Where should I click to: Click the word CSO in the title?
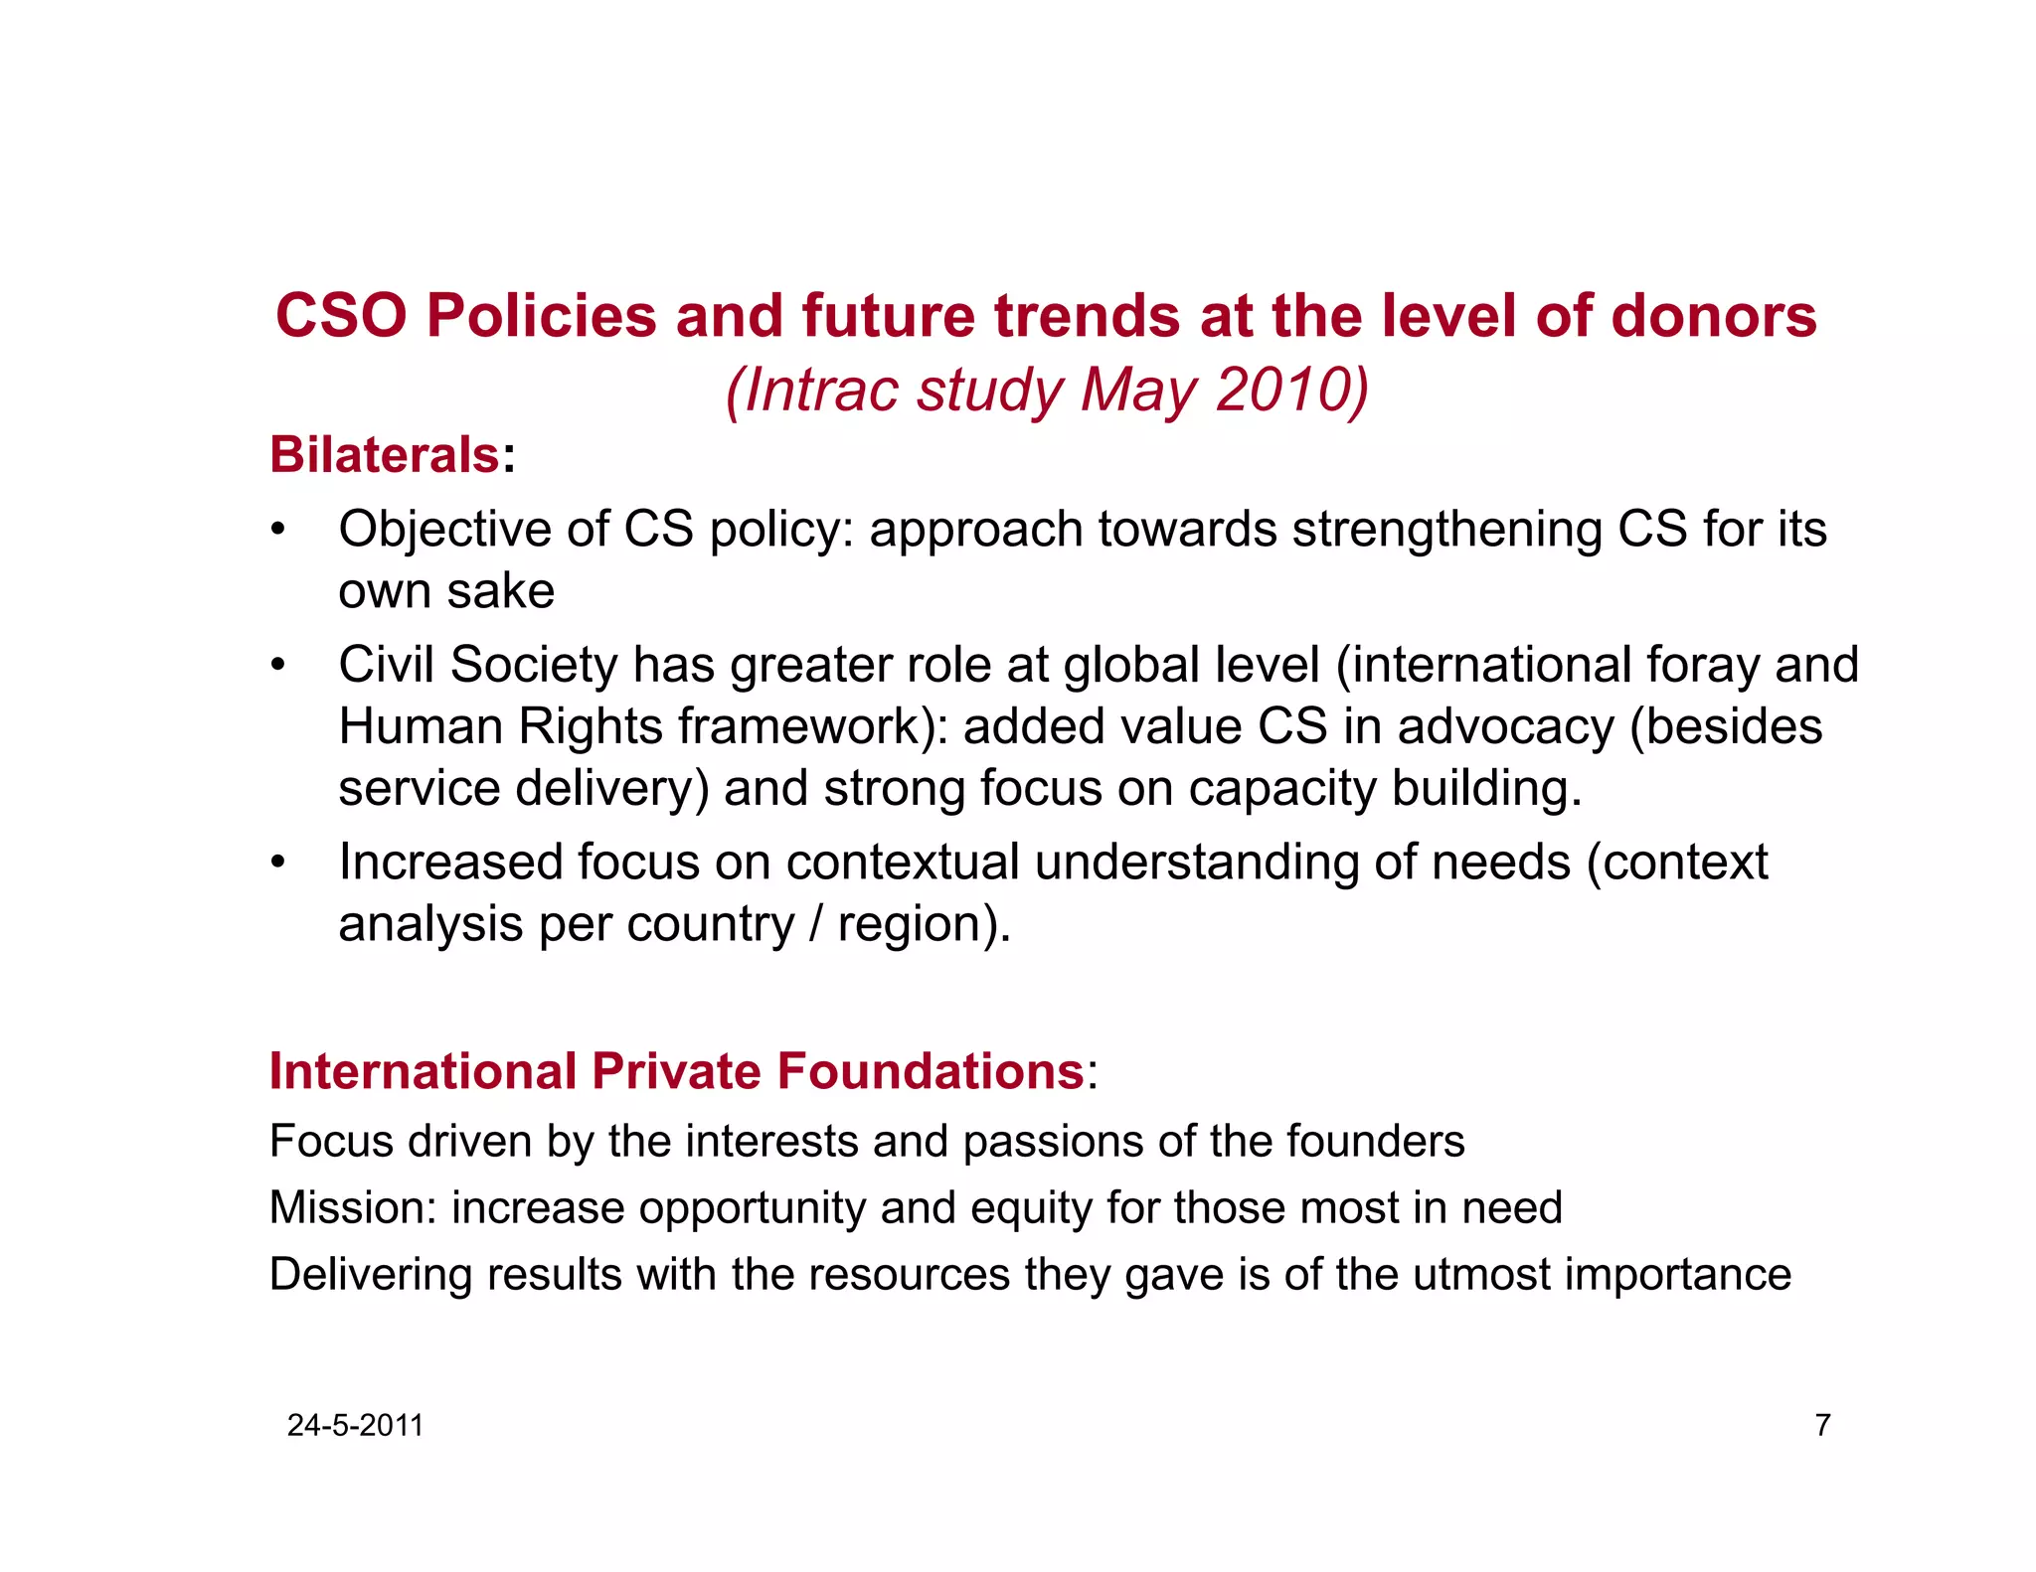(x=341, y=316)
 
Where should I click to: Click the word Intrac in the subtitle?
(x=821, y=390)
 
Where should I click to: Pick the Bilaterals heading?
(x=385, y=455)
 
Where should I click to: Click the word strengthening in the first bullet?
(x=1446, y=530)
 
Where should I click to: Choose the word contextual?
(x=903, y=863)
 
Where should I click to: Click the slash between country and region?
(x=816, y=924)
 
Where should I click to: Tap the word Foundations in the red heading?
(x=931, y=1071)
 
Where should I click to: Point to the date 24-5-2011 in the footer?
(x=355, y=1426)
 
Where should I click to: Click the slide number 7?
(x=1822, y=1426)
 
